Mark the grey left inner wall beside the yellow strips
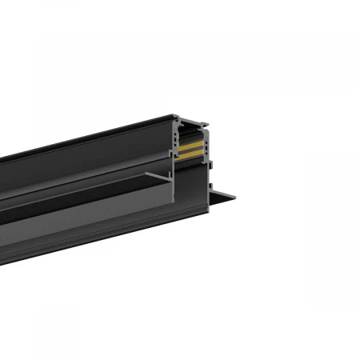click(174, 144)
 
